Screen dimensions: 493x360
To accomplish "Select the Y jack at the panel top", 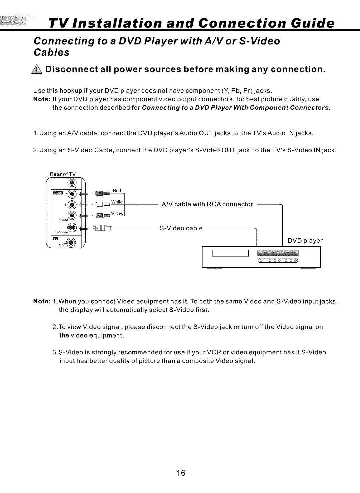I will tap(72, 182).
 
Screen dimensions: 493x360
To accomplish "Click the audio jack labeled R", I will tap(72, 194).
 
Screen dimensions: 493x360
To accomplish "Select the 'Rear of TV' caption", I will tap(63, 174).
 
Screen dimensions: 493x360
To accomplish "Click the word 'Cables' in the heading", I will tap(52, 53).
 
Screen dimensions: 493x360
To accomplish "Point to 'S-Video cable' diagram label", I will tap(181, 228).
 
